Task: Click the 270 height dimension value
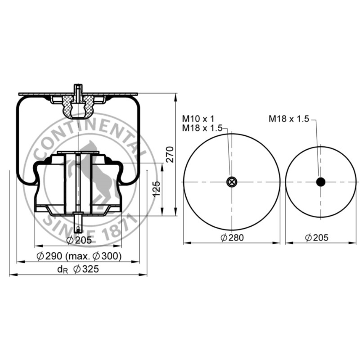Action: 170,154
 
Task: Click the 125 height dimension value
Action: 156,189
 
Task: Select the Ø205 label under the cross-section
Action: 79,240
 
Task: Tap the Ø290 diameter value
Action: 49,256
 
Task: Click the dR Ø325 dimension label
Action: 78,269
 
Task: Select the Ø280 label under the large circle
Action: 232,238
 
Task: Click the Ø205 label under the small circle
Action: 317,238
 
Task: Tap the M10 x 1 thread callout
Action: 198,119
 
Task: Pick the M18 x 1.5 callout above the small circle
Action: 289,119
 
